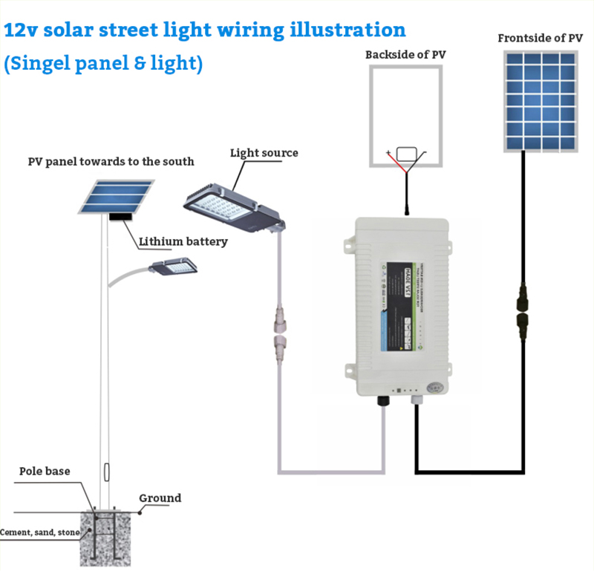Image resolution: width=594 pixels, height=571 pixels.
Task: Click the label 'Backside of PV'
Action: [406, 54]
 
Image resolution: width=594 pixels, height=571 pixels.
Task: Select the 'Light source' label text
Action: [264, 153]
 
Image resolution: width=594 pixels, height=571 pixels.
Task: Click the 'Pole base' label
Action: [46, 471]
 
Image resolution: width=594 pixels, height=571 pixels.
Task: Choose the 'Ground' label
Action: [160, 497]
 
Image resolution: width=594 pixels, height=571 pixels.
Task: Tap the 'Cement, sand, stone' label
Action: [40, 532]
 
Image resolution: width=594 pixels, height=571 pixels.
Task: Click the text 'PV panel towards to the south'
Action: [111, 161]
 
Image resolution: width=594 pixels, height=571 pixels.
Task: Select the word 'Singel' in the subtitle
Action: [41, 64]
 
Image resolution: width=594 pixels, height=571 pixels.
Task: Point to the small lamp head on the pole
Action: [175, 266]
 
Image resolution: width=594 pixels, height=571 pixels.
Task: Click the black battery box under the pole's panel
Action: [120, 218]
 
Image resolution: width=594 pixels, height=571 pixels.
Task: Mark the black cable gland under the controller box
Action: [384, 401]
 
